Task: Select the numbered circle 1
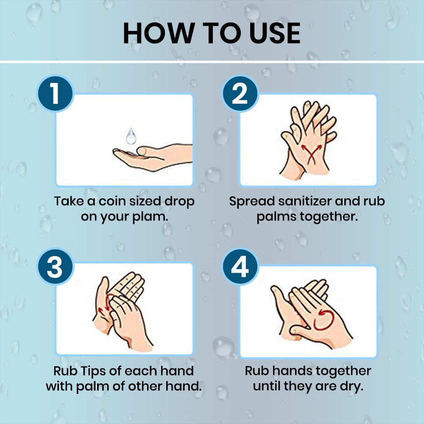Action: tap(56, 94)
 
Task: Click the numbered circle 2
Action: tap(240, 94)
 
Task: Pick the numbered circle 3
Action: tap(56, 267)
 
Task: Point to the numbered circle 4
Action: tap(240, 267)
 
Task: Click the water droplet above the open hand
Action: tap(131, 136)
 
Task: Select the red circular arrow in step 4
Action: tap(324, 320)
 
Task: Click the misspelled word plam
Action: tap(150, 217)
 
